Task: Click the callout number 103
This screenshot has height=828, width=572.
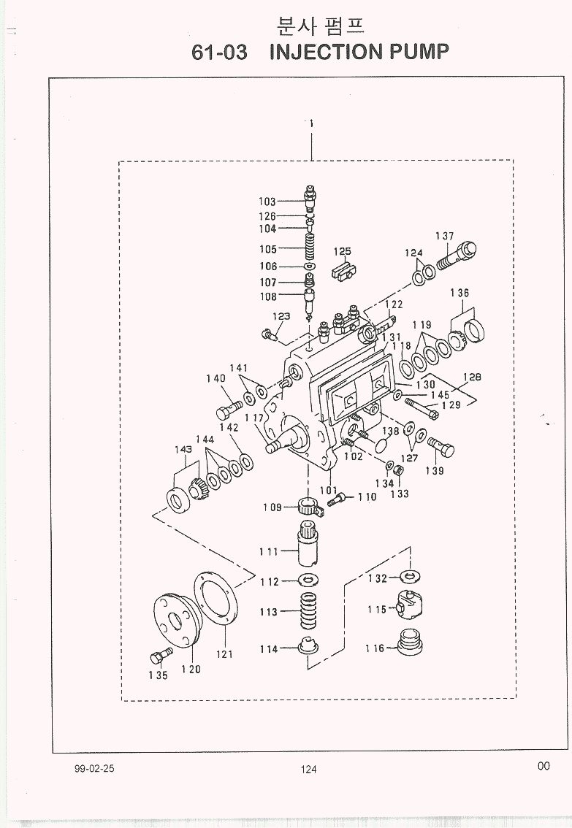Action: tap(267, 202)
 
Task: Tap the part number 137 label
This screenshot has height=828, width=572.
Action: tap(445, 236)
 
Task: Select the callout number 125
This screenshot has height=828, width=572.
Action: tap(342, 251)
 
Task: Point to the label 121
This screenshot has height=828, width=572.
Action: tap(224, 654)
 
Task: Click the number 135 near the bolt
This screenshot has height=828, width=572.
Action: tap(158, 675)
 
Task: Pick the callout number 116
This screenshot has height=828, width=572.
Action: tap(375, 648)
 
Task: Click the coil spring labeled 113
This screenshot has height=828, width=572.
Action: tap(309, 611)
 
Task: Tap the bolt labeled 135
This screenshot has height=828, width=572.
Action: tap(161, 656)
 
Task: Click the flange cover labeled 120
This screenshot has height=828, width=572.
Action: tap(174, 621)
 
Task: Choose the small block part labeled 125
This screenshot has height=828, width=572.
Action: tap(343, 271)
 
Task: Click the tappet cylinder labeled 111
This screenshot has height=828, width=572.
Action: tap(308, 543)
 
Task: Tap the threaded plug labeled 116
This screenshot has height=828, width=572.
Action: tap(409, 642)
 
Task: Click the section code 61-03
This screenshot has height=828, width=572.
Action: tap(219, 53)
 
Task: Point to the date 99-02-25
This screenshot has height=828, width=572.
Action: tap(94, 768)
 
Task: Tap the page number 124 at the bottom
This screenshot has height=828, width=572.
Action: tap(308, 770)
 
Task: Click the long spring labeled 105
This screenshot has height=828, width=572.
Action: tap(310, 248)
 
